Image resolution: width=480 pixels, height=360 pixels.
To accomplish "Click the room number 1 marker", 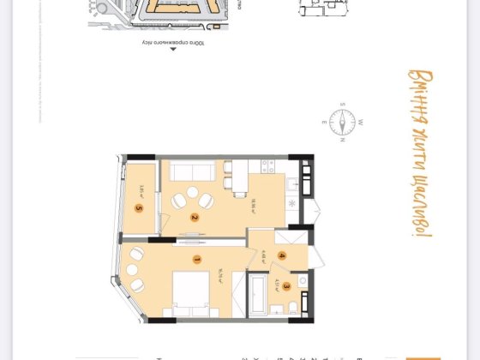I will tap(196, 259).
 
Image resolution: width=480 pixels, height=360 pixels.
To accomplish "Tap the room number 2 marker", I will tap(195, 218).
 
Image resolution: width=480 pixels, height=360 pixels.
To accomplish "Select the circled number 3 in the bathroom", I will tap(287, 287).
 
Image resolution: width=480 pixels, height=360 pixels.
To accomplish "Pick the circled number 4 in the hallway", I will tap(281, 255).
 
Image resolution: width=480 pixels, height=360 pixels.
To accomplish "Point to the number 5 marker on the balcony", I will tap(138, 207).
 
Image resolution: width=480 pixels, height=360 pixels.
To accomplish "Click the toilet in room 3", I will tap(293, 308).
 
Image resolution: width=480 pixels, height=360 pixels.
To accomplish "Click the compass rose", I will tap(341, 121).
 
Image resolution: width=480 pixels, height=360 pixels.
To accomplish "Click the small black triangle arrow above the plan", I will tap(173, 50).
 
